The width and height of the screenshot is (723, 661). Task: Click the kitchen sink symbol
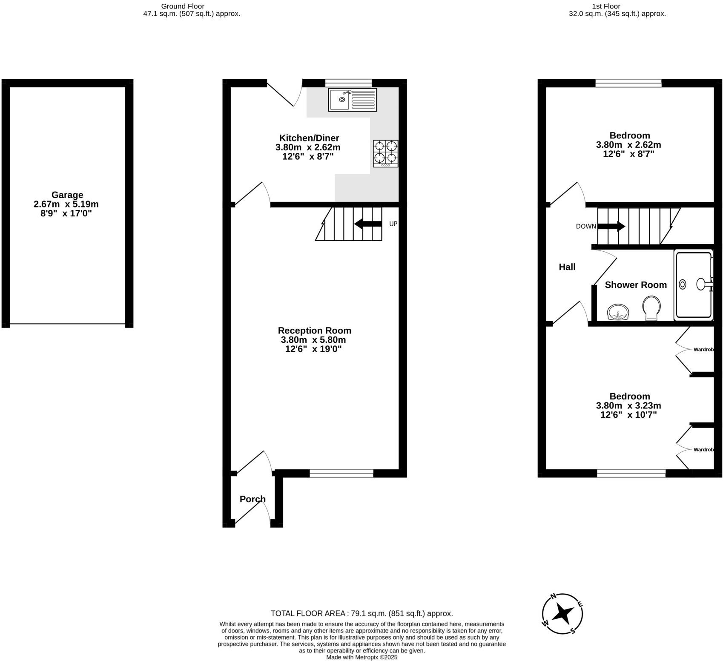(x=352, y=100)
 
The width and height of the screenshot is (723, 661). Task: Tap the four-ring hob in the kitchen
(x=386, y=153)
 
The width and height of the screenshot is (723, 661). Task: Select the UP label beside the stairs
(x=393, y=224)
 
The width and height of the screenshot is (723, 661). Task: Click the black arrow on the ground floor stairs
(x=367, y=224)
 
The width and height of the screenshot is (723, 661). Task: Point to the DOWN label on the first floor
(x=586, y=227)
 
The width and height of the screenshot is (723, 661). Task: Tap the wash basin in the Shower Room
(x=617, y=312)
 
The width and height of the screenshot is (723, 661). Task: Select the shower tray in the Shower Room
(x=693, y=285)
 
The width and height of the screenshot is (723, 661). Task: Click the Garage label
(x=67, y=195)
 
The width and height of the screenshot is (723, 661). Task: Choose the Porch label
(x=252, y=499)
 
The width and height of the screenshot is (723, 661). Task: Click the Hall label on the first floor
(x=567, y=267)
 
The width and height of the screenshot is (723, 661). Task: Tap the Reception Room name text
(x=314, y=330)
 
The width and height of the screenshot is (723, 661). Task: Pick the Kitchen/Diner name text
(x=309, y=138)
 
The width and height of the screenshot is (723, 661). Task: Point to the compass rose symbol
(x=562, y=614)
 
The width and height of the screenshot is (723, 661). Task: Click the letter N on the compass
(x=553, y=596)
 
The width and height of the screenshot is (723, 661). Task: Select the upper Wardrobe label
(x=703, y=350)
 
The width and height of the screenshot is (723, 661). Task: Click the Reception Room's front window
(x=341, y=473)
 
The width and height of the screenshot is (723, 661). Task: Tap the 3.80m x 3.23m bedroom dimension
(x=628, y=405)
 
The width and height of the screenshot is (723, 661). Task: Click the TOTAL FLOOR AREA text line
(x=361, y=614)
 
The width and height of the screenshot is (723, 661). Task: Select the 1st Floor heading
(x=605, y=6)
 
